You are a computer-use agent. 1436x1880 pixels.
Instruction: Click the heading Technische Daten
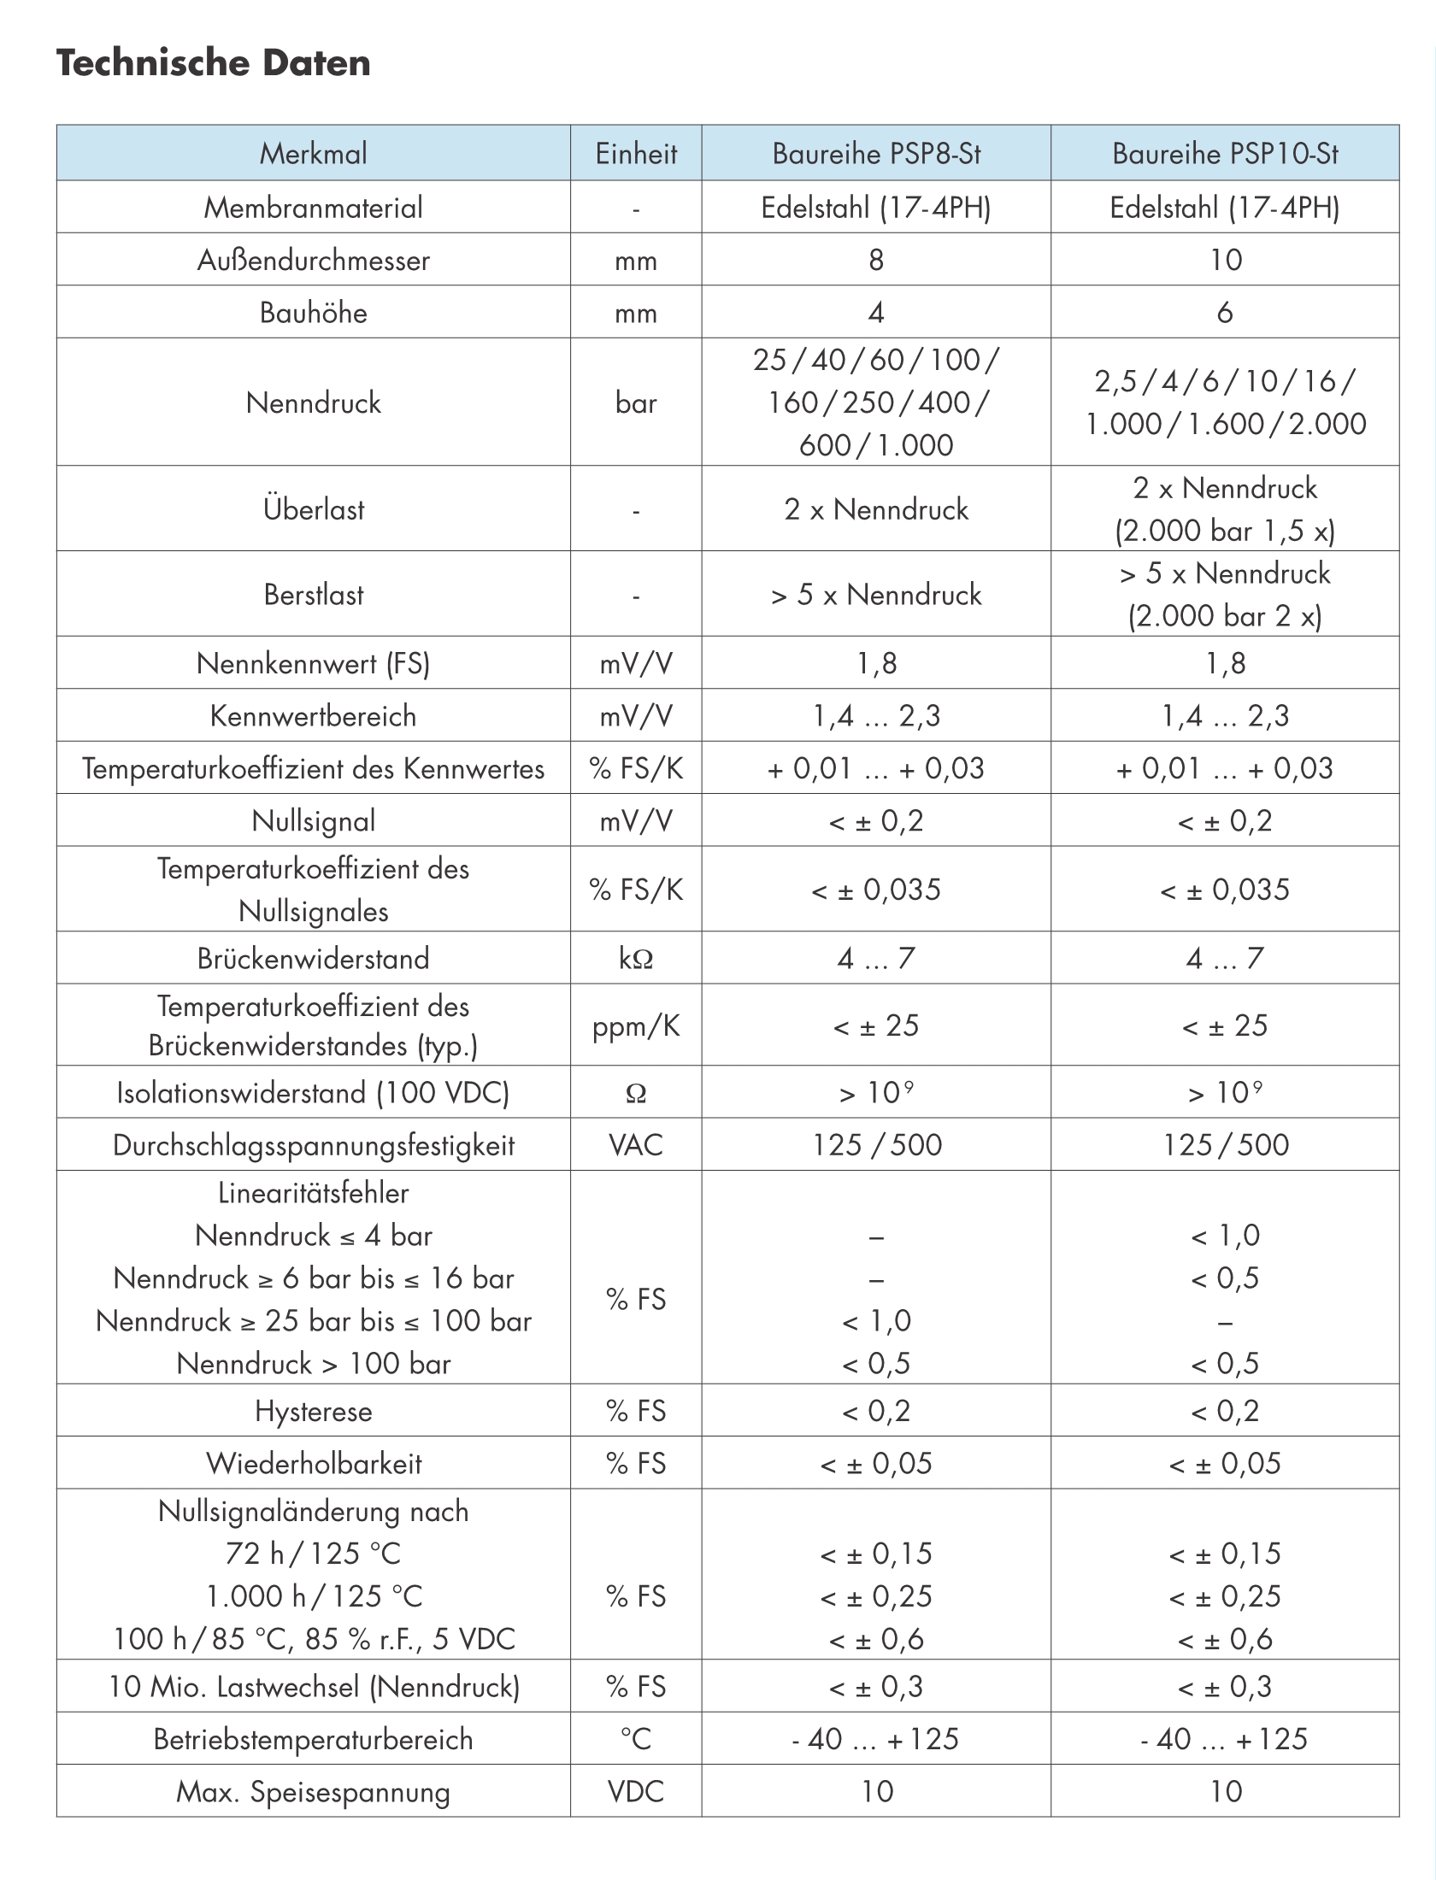(214, 63)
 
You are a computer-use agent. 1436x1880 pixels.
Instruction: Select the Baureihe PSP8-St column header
(876, 154)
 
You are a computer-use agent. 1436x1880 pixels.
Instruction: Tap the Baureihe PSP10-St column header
(1225, 154)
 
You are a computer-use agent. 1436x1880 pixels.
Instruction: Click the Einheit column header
(636, 154)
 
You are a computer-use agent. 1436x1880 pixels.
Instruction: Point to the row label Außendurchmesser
(314, 260)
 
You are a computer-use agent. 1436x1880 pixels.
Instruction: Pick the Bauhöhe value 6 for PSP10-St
(1225, 313)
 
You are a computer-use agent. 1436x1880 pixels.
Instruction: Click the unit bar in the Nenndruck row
(636, 402)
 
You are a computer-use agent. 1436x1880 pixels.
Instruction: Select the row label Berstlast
(314, 595)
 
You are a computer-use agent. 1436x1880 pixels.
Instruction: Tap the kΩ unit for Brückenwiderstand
(636, 959)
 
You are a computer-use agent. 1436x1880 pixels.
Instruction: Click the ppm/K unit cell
(636, 1025)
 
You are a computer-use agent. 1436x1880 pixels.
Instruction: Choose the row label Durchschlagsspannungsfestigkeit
(314, 1145)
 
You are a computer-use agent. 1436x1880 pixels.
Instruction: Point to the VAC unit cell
(636, 1145)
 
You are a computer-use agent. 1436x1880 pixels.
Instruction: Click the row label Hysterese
(314, 1411)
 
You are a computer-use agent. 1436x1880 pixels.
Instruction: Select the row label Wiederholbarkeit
(314, 1464)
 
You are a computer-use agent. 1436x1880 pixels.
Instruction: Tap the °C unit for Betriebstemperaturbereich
(636, 1739)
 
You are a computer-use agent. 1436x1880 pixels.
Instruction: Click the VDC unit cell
(636, 1791)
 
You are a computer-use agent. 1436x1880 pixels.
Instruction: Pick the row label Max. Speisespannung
(314, 1791)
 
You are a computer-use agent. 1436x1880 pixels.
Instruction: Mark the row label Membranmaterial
(314, 208)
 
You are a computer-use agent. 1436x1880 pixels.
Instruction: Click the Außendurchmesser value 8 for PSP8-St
(876, 260)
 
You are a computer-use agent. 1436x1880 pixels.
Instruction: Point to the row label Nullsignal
(314, 821)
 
